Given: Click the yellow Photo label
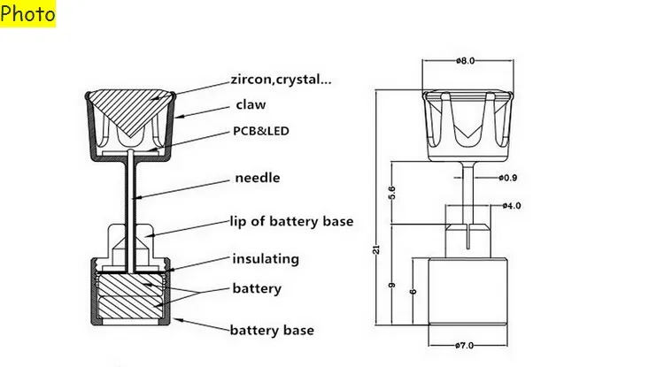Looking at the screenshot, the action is click(x=27, y=13).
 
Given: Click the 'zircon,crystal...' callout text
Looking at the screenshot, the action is click(x=281, y=80).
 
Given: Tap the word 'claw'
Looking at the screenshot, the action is click(x=251, y=104).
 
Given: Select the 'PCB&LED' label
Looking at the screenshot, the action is click(x=261, y=131).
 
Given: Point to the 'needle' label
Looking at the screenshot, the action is click(x=258, y=178).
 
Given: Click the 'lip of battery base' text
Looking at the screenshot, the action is click(x=292, y=221).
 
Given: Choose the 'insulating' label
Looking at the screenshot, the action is click(x=266, y=258).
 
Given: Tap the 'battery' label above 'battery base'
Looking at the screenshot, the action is click(x=257, y=288).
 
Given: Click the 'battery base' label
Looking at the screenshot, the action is click(x=272, y=330).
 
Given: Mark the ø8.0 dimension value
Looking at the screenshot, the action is click(x=466, y=61).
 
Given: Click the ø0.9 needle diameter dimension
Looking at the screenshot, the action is click(x=508, y=178).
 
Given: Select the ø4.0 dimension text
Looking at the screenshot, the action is click(x=512, y=206).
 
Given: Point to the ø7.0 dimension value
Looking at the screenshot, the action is click(x=464, y=346).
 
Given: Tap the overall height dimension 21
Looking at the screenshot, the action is click(x=376, y=249).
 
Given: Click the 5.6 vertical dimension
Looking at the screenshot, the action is click(x=391, y=193).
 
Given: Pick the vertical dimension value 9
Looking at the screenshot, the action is click(x=391, y=286).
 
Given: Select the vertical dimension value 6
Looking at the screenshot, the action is click(x=413, y=292).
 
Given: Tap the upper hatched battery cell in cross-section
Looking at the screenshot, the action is click(x=132, y=283).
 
